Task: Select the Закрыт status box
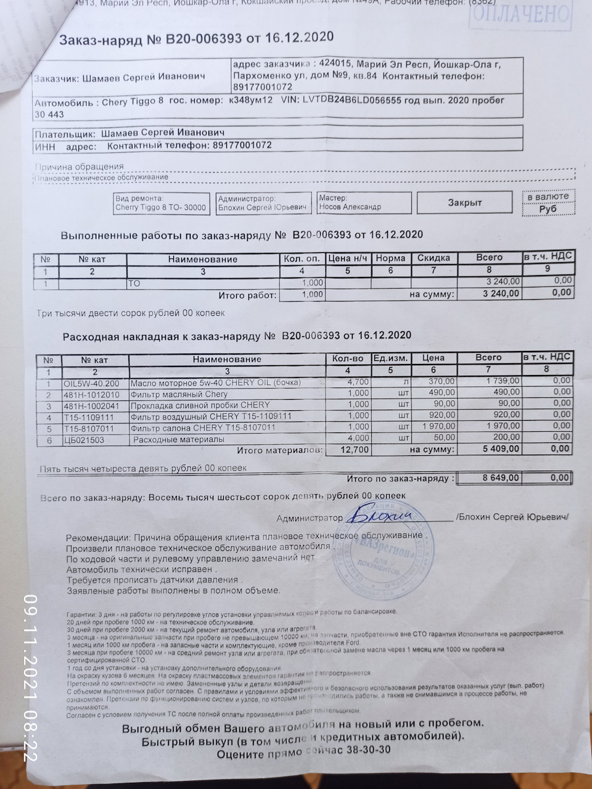[464, 202]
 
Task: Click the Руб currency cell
[548, 209]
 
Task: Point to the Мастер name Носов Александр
[350, 207]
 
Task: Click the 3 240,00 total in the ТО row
[499, 281]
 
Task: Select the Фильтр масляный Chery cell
[179, 394]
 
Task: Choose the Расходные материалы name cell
[179, 439]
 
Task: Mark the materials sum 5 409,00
[501, 448]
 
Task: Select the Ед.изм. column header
[390, 358]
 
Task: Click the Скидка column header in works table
[434, 258]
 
